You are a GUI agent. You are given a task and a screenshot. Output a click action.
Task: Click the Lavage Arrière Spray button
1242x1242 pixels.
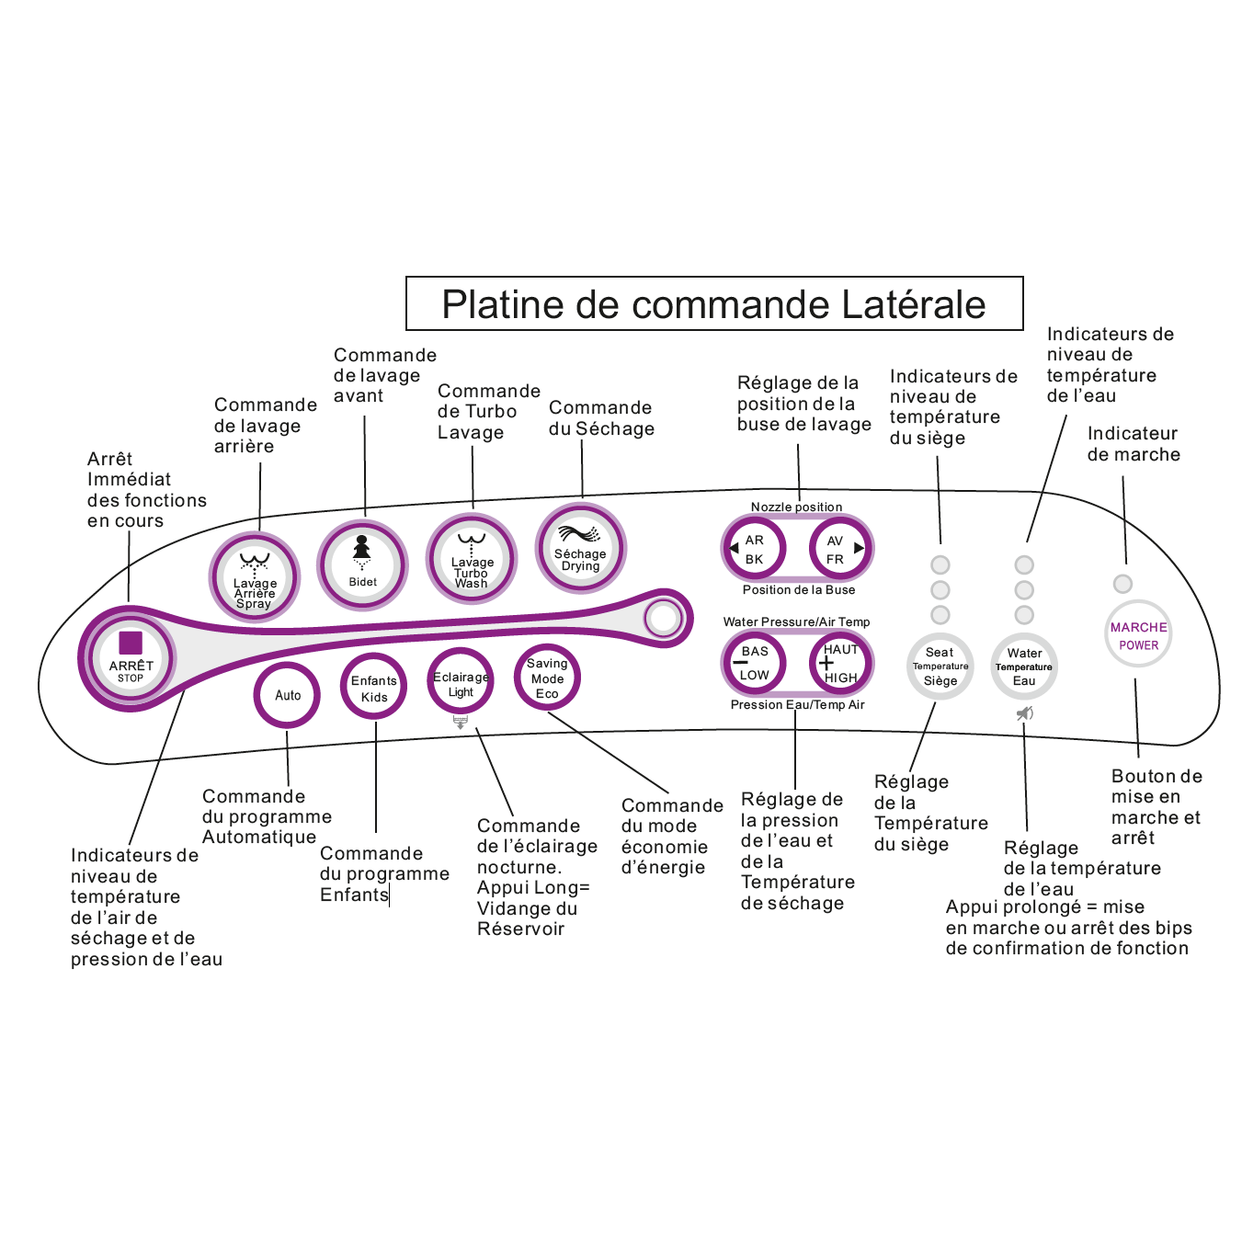point(255,578)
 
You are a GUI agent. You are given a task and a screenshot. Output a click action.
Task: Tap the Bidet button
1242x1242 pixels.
point(362,564)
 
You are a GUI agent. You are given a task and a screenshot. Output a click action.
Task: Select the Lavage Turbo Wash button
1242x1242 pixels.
point(472,558)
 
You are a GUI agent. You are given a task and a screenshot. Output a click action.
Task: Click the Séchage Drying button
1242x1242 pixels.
point(581,548)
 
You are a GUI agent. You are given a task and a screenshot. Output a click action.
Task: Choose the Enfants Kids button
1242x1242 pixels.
point(374,689)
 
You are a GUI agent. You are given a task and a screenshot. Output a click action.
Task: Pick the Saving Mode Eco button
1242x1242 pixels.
point(547,678)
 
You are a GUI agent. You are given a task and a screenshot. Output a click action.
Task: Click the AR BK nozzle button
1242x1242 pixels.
point(754,549)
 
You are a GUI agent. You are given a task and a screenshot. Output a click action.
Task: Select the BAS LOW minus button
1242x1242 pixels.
point(754,663)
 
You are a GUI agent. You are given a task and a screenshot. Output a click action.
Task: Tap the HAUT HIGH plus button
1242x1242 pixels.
point(839,663)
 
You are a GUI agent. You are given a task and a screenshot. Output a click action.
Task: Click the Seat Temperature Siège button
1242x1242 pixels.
point(940,667)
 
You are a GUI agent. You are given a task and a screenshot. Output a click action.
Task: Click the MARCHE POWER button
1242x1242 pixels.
point(1138,634)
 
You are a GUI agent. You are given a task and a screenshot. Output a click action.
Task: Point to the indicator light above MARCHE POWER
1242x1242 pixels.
point(1122,584)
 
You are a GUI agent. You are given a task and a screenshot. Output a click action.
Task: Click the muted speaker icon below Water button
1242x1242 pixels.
point(1024,713)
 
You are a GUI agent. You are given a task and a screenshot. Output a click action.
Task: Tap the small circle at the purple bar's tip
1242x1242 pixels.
point(662,618)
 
